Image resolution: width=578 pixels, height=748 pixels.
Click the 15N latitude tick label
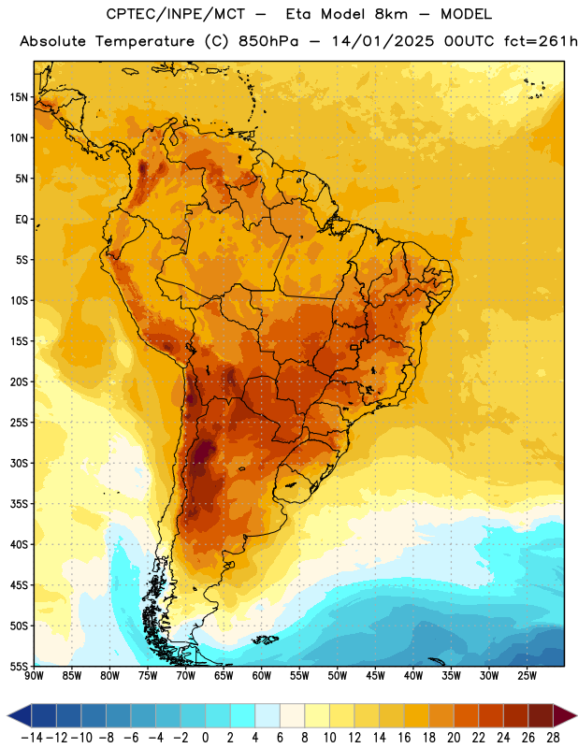[19, 97]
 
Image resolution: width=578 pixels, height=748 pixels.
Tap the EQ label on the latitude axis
[22, 220]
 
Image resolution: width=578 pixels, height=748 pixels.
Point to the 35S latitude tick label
[19, 504]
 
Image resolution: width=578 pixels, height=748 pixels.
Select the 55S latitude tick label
[19, 666]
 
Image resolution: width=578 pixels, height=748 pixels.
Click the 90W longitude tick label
[34, 676]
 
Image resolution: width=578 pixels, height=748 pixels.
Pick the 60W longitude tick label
[262, 676]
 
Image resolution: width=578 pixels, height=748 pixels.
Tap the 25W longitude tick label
[527, 676]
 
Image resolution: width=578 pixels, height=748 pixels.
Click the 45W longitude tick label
[375, 676]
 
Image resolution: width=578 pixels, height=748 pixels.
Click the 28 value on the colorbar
[553, 738]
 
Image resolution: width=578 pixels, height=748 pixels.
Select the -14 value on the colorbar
[32, 738]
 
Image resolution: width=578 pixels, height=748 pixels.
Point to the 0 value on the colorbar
[206, 738]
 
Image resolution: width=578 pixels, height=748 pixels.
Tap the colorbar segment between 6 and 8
[293, 715]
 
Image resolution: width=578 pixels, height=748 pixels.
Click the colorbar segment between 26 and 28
[541, 715]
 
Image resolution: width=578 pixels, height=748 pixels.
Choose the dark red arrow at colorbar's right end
[564, 715]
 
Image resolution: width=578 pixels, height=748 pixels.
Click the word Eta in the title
[298, 14]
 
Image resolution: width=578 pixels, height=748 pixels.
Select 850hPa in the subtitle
[268, 41]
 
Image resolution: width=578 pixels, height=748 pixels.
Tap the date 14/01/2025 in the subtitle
[383, 41]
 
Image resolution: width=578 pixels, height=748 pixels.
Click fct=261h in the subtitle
[541, 41]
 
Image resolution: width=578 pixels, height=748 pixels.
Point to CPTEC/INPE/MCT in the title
[176, 14]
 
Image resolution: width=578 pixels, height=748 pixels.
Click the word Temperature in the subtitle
[145, 42]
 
